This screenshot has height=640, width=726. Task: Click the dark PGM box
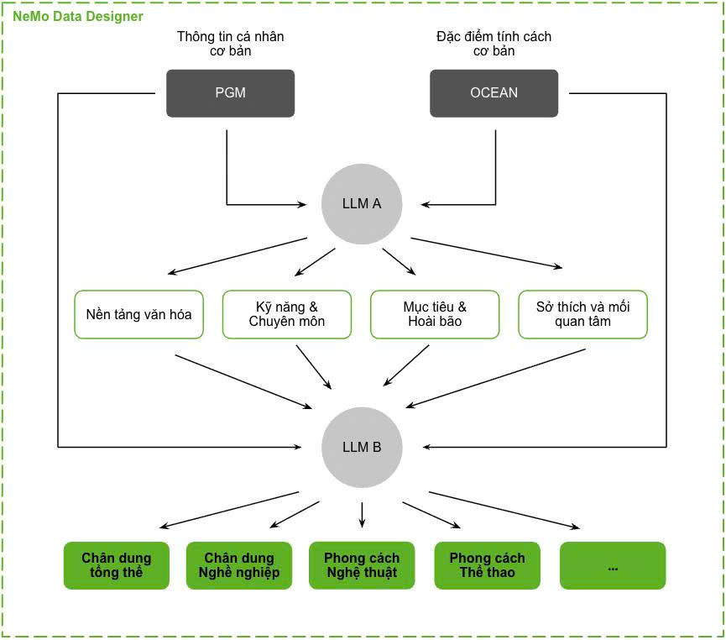coord(230,93)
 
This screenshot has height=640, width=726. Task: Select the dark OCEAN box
coord(494,93)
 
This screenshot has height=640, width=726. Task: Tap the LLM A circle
coord(362,204)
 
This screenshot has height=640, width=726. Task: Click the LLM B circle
coord(362,447)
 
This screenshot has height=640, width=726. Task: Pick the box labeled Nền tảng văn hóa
coord(138,314)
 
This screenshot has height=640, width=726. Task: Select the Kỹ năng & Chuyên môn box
coord(287,314)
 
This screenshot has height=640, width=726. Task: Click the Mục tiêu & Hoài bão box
coord(435,314)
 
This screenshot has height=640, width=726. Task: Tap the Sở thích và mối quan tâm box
coord(583,314)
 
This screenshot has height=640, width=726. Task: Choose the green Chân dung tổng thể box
coord(117,565)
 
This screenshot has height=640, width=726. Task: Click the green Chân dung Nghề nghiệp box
coord(239,565)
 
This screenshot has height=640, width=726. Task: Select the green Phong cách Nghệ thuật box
coord(362,565)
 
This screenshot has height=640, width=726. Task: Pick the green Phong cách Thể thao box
coord(487,565)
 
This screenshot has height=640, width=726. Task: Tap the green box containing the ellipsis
coord(613,565)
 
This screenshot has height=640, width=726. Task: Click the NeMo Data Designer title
coord(78,17)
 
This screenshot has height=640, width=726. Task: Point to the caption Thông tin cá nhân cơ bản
coord(231,44)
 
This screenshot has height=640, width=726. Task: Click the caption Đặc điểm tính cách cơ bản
coord(494,44)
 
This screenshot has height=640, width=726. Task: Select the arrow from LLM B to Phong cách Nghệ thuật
coord(362,515)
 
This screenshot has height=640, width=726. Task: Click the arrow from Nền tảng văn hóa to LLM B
coord(243,382)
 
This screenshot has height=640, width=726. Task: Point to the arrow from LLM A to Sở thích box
coord(487,253)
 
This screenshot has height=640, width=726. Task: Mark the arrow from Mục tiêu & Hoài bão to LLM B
coord(406,365)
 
